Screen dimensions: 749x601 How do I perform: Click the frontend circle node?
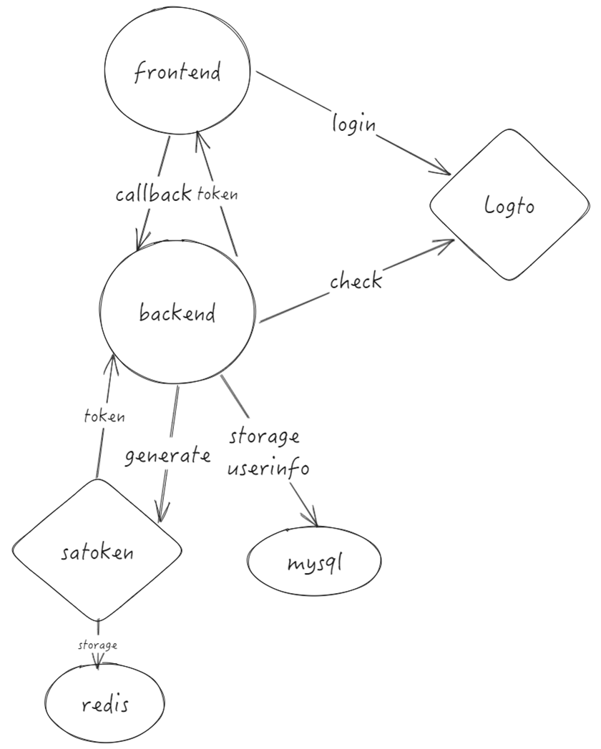[x=177, y=73]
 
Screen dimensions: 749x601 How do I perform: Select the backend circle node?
[x=177, y=313]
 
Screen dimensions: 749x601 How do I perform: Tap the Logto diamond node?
[x=509, y=206]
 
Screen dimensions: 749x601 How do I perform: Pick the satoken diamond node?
[x=97, y=551]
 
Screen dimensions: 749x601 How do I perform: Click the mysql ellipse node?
[x=315, y=562]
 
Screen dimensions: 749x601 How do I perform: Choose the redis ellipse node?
[x=106, y=705]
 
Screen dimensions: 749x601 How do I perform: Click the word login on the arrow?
[x=353, y=123]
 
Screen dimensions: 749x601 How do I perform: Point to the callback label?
[x=154, y=194]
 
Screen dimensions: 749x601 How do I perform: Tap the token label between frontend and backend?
[x=218, y=194]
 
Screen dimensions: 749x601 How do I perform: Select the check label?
[x=356, y=281]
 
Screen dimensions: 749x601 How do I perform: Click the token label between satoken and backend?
[x=105, y=416]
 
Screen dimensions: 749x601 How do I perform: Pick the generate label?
[x=167, y=456]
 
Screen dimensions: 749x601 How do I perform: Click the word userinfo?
[x=268, y=469]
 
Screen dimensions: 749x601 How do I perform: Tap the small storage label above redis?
[x=98, y=645]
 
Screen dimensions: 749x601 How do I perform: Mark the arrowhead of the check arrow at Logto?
[x=449, y=243]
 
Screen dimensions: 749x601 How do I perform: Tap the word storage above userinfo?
[x=264, y=436]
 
